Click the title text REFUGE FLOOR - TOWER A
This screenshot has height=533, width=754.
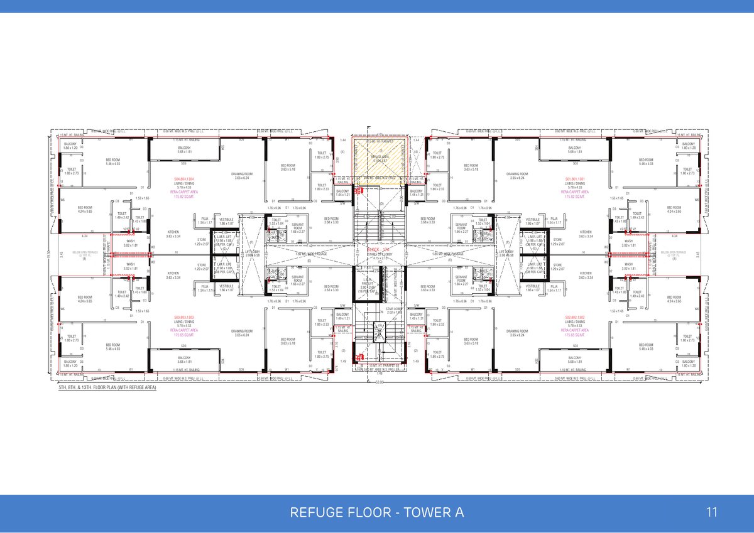(x=377, y=513)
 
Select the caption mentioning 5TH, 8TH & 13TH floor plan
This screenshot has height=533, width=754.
(x=107, y=389)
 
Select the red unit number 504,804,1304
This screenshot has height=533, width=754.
(x=184, y=178)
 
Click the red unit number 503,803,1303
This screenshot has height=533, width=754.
(x=184, y=318)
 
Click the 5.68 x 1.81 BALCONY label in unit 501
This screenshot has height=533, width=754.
(x=575, y=149)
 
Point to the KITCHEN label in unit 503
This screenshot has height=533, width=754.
(x=173, y=275)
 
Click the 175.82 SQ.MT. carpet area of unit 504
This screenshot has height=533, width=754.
(x=184, y=197)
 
